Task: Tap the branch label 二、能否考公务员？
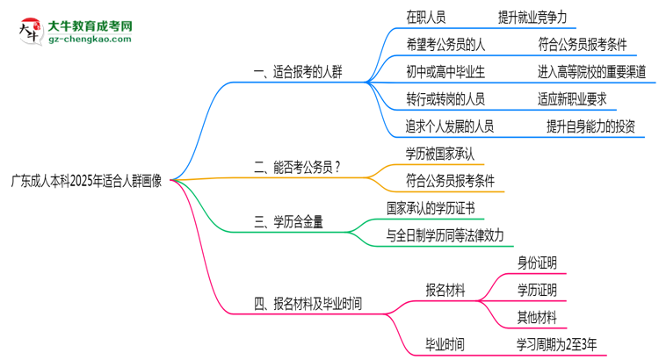point(298,167)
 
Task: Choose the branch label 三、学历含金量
point(288,222)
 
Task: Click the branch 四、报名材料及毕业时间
point(308,305)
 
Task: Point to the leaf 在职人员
point(425,17)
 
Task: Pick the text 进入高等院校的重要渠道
point(591,71)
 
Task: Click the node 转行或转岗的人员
point(445,98)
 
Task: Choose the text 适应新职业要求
point(571,98)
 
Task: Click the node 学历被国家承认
point(440,153)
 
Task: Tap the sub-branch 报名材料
point(445,290)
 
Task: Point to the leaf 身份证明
point(536,263)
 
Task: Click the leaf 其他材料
point(536,317)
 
